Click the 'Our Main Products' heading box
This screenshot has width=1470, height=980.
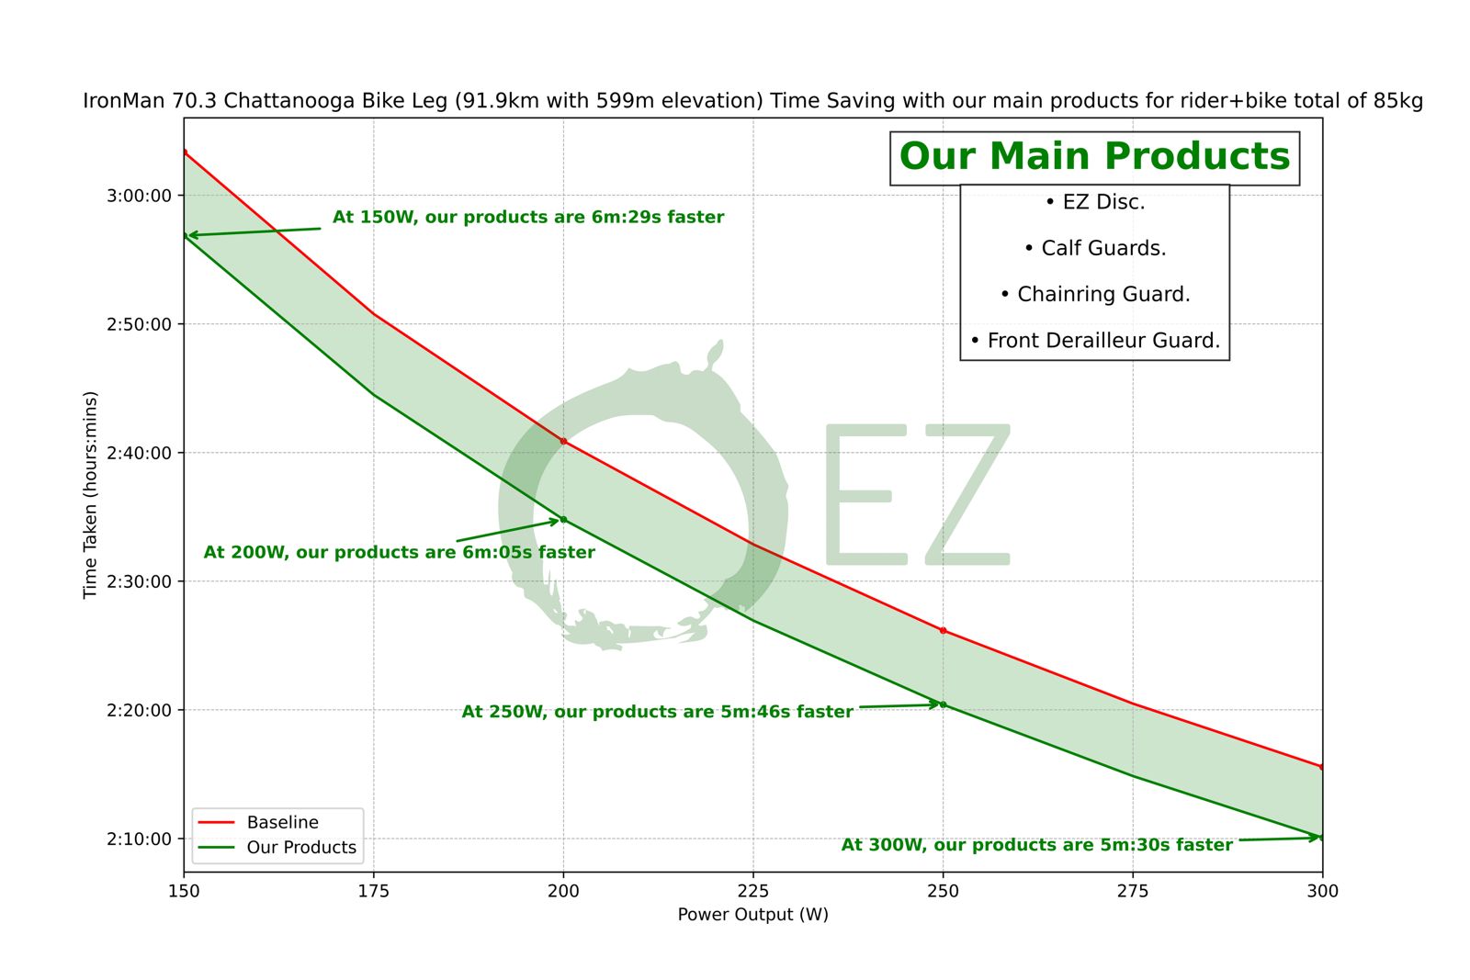coord(1094,158)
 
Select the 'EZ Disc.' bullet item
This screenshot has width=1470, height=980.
coord(1095,202)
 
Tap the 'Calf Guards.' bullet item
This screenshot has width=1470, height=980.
coord(1095,248)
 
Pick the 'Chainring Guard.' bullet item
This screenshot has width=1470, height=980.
coord(1095,294)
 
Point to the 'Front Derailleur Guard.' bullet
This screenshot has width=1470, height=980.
coord(1095,341)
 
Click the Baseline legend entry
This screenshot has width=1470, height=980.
coord(282,823)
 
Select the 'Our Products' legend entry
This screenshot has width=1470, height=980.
coord(300,848)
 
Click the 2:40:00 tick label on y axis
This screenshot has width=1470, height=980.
coord(139,453)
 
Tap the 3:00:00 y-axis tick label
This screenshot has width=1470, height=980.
coord(139,196)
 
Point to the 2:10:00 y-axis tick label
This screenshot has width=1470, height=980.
coord(139,839)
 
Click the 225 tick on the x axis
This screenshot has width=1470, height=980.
coord(753,891)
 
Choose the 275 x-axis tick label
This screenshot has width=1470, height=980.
coord(1133,891)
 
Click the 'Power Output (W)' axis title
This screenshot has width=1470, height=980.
coord(753,915)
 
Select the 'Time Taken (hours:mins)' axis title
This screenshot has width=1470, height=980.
coord(90,495)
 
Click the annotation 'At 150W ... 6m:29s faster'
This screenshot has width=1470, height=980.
coord(528,218)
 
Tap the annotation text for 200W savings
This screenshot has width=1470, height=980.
coord(399,553)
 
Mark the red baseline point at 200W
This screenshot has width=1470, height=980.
coord(563,442)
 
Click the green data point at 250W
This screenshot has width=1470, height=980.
coord(943,704)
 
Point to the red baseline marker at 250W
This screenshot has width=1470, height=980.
coord(943,630)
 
